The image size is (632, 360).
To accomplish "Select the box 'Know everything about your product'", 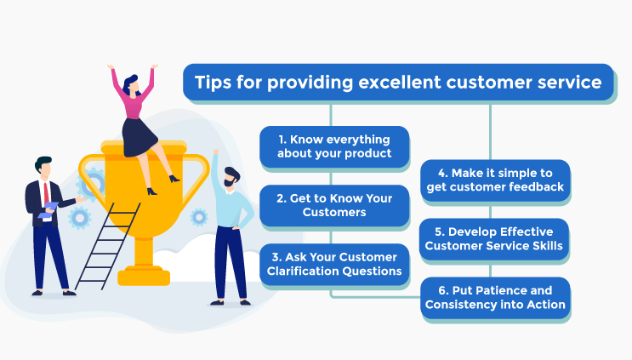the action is [x=334, y=146].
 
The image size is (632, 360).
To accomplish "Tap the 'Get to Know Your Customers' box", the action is [x=334, y=205].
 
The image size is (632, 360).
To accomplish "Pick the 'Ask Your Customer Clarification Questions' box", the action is [x=334, y=264].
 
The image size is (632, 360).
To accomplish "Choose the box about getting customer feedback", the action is [x=495, y=180].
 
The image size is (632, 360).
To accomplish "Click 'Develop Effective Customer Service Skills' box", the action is [x=493, y=238].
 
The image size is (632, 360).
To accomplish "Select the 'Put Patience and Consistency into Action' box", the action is [x=495, y=298].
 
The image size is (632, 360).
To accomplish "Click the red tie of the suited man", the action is [x=46, y=193].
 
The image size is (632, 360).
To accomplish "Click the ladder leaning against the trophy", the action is [x=107, y=246].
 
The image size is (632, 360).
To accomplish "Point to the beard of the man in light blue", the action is [x=230, y=183].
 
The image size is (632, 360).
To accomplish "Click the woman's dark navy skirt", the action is [x=139, y=138].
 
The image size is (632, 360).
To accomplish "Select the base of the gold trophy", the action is [x=144, y=276].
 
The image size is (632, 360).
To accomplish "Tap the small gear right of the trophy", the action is [x=199, y=217].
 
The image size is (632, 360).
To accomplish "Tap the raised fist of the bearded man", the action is [x=216, y=152].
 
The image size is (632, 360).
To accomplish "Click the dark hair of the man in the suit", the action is [x=43, y=163].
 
